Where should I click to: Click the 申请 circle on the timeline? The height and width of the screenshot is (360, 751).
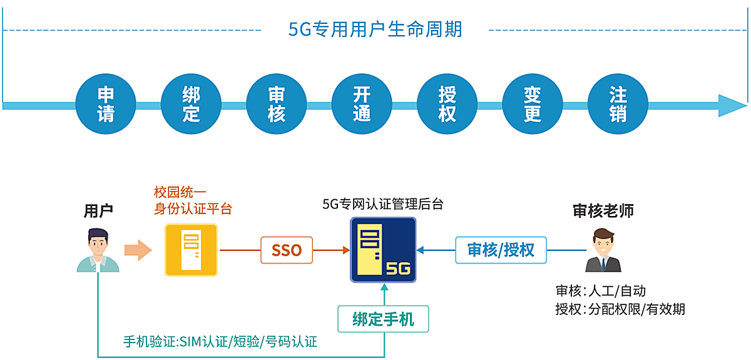(x=106, y=104)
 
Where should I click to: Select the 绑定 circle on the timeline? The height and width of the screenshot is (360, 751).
(x=191, y=104)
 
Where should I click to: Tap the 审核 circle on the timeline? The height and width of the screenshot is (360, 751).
(x=277, y=104)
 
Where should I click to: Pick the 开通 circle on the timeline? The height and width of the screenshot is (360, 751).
(x=362, y=104)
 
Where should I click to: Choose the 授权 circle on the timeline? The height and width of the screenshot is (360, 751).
(x=447, y=104)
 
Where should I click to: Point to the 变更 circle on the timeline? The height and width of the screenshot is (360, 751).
(x=533, y=104)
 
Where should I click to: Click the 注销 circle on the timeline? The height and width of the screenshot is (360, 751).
(x=618, y=104)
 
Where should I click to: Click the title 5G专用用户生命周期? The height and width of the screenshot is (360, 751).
(x=375, y=29)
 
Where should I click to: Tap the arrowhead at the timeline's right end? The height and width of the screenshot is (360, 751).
(x=731, y=106)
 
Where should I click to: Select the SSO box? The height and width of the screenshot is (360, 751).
(x=287, y=250)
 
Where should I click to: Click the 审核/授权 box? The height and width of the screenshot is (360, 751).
(x=501, y=250)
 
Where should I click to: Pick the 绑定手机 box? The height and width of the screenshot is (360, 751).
(x=384, y=319)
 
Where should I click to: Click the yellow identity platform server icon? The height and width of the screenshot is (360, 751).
(x=191, y=250)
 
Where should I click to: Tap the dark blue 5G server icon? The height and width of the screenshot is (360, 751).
(x=383, y=250)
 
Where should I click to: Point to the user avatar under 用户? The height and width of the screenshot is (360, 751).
(x=98, y=250)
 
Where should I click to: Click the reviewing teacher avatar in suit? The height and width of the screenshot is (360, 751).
(x=603, y=250)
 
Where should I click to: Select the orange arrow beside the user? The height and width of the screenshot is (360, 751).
(x=138, y=250)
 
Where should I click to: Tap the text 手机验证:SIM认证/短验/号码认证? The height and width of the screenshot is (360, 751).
(x=220, y=342)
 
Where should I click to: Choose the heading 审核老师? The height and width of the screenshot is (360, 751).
(x=603, y=211)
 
